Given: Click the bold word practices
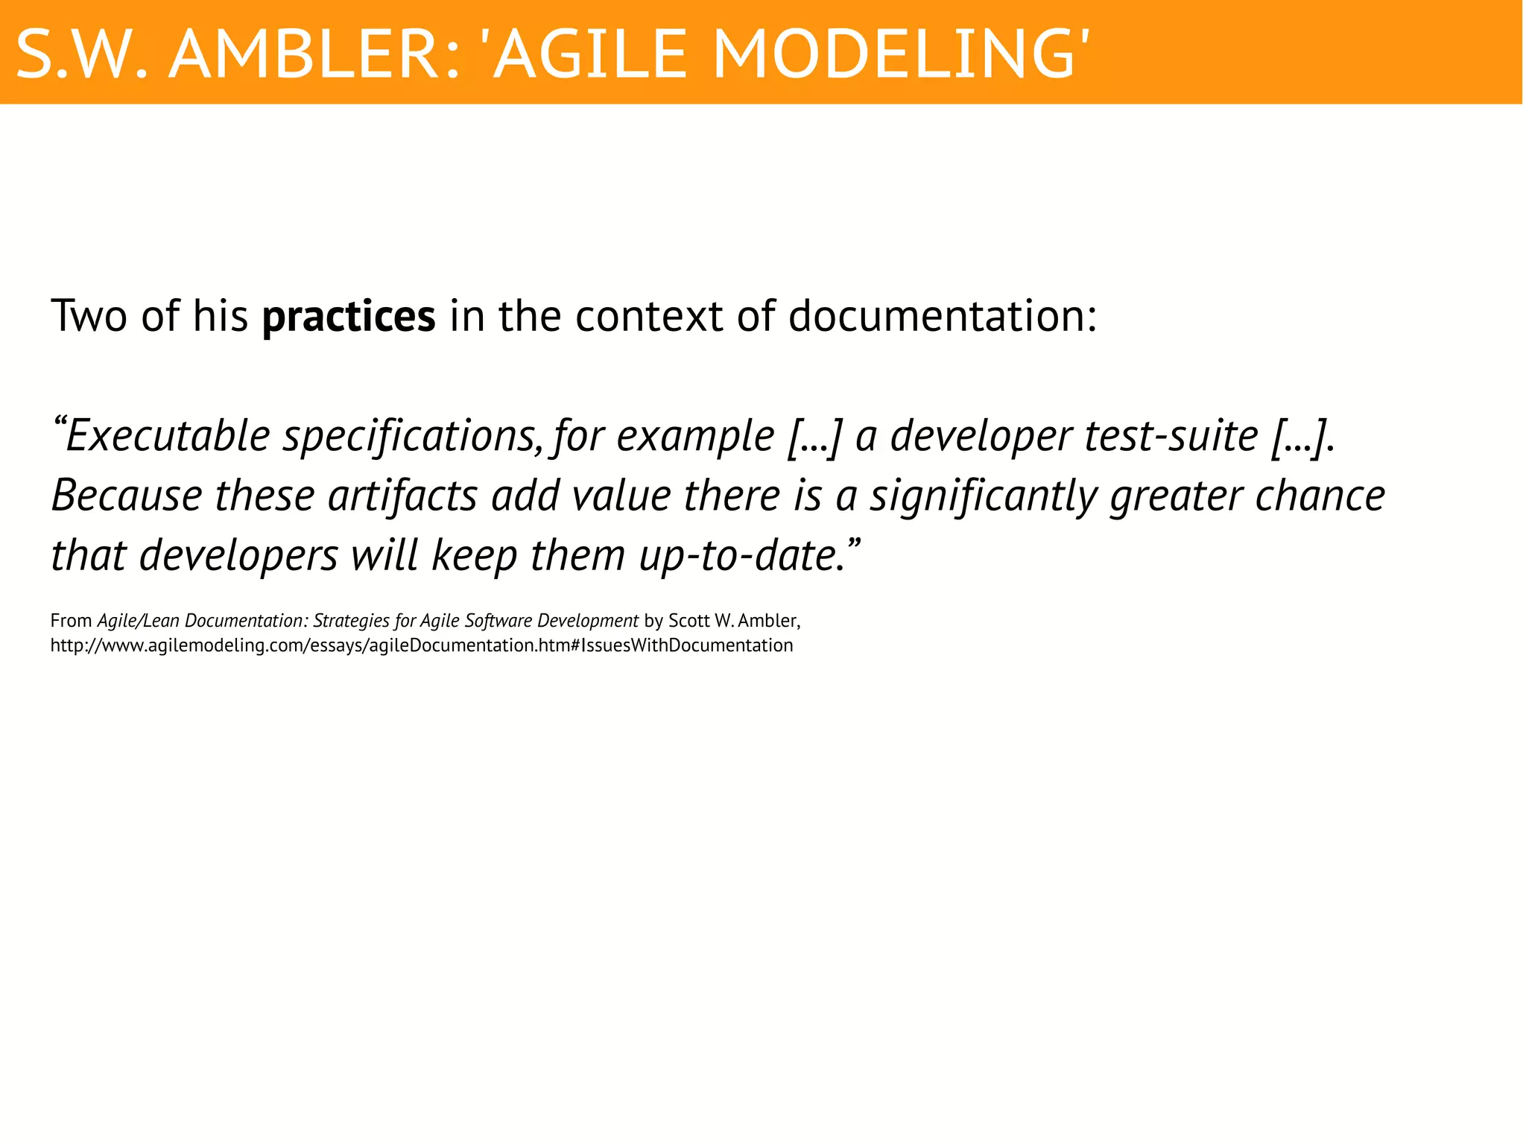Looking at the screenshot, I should point(349,317).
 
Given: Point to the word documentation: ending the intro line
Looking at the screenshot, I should point(943,316).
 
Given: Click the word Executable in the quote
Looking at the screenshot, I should point(168,436).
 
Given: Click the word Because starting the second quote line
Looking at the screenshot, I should point(127,496).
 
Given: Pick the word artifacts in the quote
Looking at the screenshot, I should point(402,496).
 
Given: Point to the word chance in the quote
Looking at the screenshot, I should point(1320,496).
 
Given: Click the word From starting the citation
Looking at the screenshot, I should point(71,621).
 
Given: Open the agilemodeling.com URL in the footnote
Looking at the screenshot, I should point(422,645).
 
